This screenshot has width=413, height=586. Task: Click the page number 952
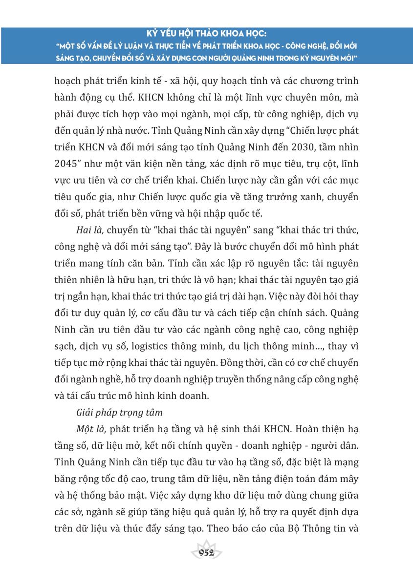tap(207, 553)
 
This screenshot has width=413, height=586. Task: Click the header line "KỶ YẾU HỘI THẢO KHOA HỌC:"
tap(207, 35)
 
